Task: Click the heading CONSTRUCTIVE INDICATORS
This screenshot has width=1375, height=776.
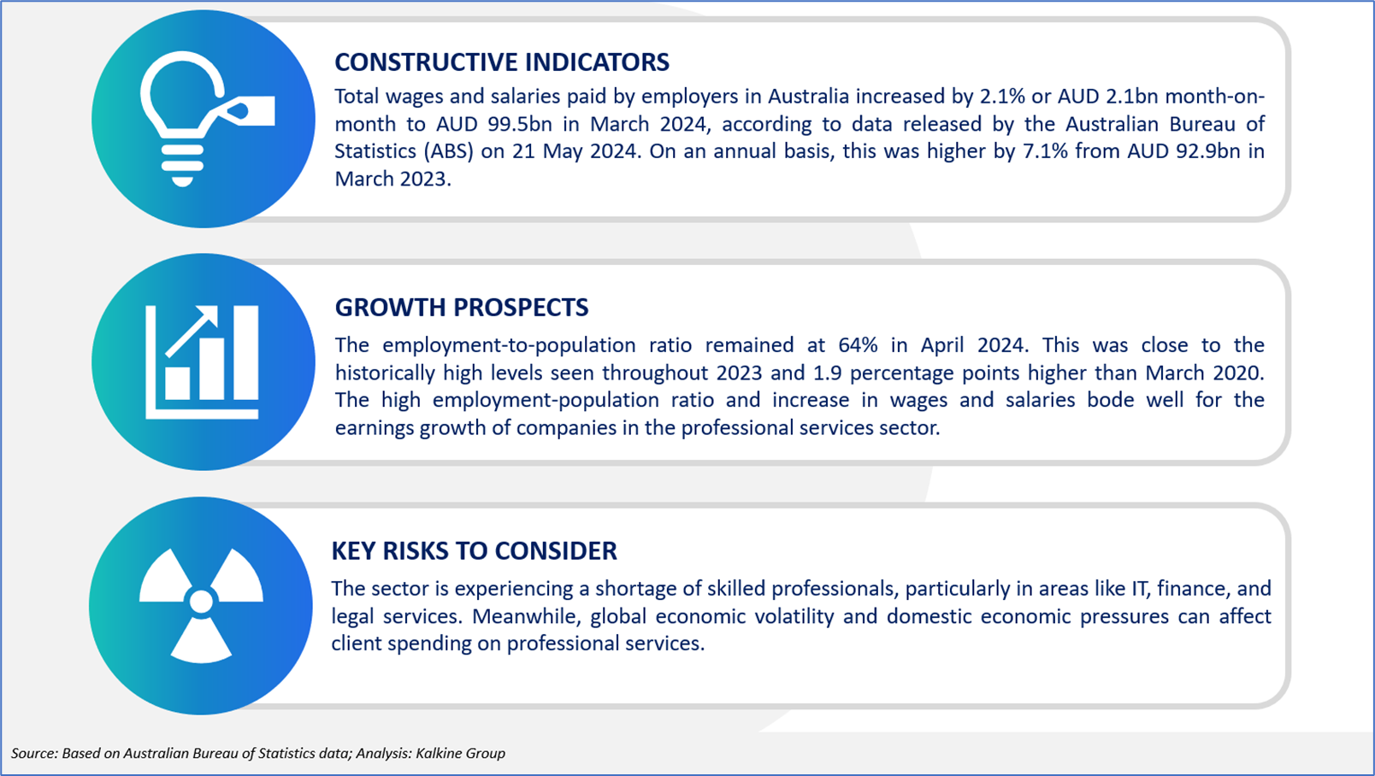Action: point(501,62)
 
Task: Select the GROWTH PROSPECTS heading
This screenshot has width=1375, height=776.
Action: point(462,308)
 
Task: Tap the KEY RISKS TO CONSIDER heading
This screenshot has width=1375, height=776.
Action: point(474,551)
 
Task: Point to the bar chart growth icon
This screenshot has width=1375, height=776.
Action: point(202,362)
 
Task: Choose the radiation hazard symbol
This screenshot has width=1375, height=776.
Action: point(201,605)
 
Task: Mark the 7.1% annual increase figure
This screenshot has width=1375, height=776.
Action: point(1046,151)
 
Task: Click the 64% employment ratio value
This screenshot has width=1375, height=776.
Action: point(858,344)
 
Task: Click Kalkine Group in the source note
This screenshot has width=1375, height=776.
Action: point(460,753)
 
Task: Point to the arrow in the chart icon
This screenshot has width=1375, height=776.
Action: point(191,332)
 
